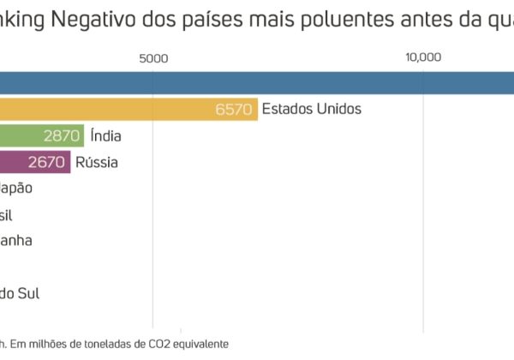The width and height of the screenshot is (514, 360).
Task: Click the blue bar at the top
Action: [x=257, y=81]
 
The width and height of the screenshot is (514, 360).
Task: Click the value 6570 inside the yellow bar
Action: [x=236, y=109]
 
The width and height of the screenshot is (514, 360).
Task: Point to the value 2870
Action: [x=61, y=135]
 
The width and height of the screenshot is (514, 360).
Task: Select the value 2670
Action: [x=47, y=161]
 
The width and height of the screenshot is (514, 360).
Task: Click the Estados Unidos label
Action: [x=312, y=109]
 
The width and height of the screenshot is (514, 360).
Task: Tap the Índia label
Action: [x=105, y=135]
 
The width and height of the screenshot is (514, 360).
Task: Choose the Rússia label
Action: [x=97, y=161]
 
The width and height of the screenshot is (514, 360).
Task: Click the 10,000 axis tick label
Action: [x=423, y=58]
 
